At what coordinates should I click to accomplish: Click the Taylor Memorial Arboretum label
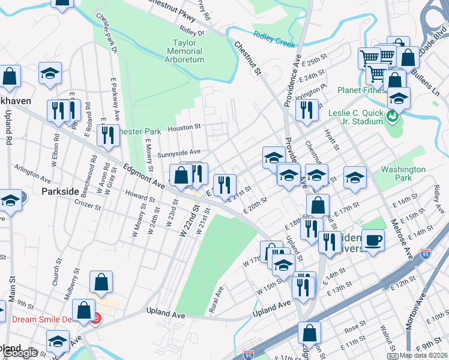coord(188,52)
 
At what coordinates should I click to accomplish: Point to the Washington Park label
coord(403,174)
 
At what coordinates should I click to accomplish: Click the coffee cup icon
coord(373,241)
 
